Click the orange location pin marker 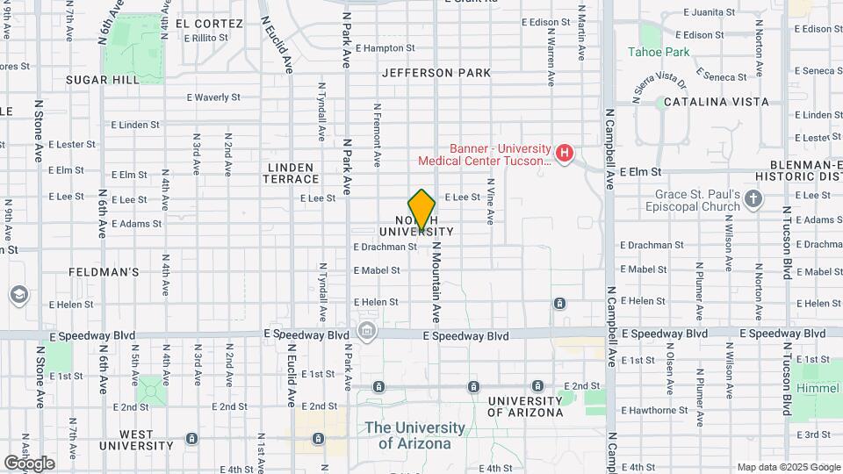click(x=421, y=209)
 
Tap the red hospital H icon click(x=565, y=154)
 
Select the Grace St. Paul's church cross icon click(x=753, y=200)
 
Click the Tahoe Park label click(x=659, y=52)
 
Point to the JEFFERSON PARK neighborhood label click(x=436, y=73)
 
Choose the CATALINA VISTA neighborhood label click(x=716, y=102)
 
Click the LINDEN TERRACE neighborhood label click(x=288, y=172)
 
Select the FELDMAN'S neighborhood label click(x=104, y=272)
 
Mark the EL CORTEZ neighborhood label click(x=209, y=23)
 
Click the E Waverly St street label click(x=213, y=97)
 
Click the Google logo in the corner click(x=29, y=463)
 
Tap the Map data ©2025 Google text click(x=788, y=467)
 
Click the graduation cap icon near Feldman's click(x=18, y=295)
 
